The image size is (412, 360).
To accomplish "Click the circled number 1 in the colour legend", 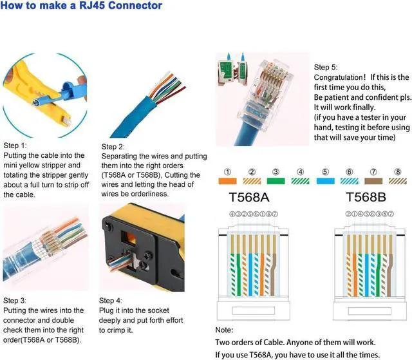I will (227, 172).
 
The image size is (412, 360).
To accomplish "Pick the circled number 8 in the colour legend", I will (398, 172).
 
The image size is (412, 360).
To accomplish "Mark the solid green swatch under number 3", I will (276, 182).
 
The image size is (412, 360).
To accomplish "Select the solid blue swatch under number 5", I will (325, 182).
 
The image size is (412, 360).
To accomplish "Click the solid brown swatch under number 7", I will (373, 182).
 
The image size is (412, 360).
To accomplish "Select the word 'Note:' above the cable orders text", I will (224, 330).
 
